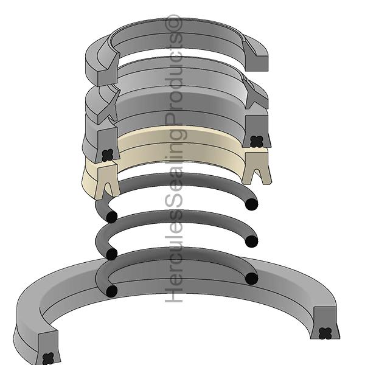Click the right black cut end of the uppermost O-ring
(x=250, y=205)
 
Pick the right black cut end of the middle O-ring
(x=250, y=242)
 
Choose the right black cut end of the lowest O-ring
(x=250, y=279)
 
